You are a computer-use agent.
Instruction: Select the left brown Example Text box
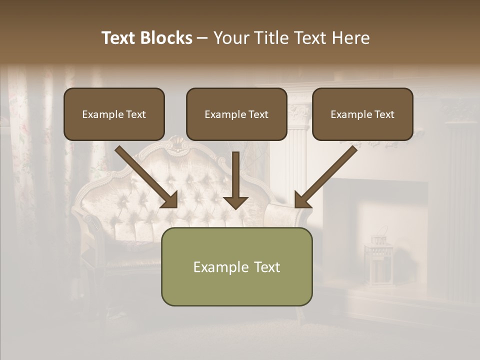(114, 114)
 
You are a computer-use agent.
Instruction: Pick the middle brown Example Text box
(236, 114)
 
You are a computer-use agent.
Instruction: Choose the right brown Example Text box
(362, 114)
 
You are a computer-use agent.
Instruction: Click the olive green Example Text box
(236, 266)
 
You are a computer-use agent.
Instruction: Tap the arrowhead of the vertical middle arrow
(235, 202)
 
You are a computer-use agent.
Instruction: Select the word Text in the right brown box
(384, 114)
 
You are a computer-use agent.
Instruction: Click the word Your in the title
(231, 38)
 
